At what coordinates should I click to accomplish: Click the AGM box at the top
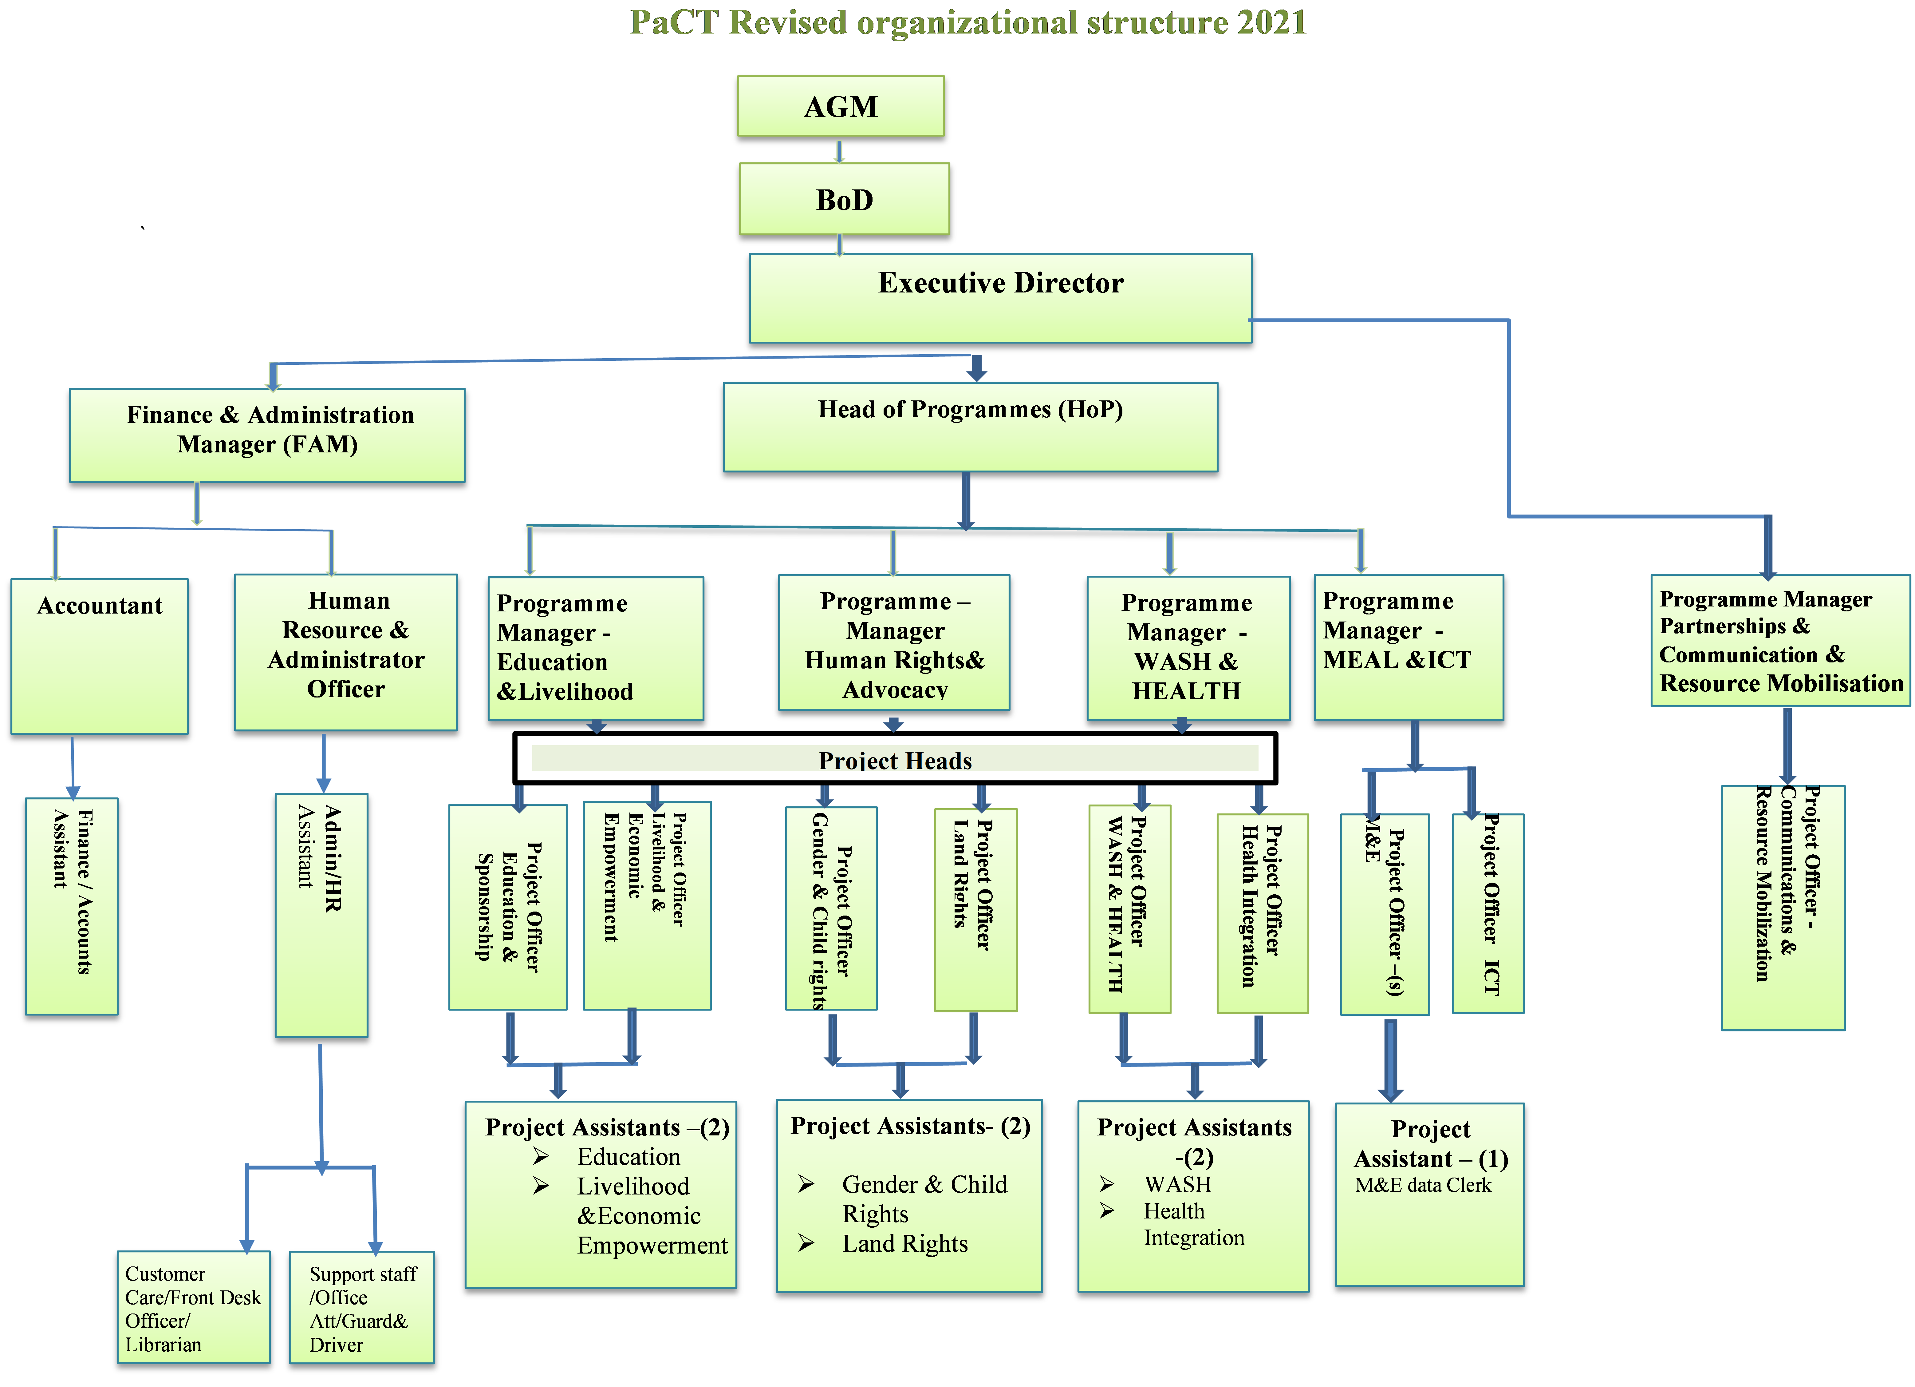click(840, 106)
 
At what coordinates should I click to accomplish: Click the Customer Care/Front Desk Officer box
click(193, 1307)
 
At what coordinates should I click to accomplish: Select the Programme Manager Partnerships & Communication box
click(1780, 641)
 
